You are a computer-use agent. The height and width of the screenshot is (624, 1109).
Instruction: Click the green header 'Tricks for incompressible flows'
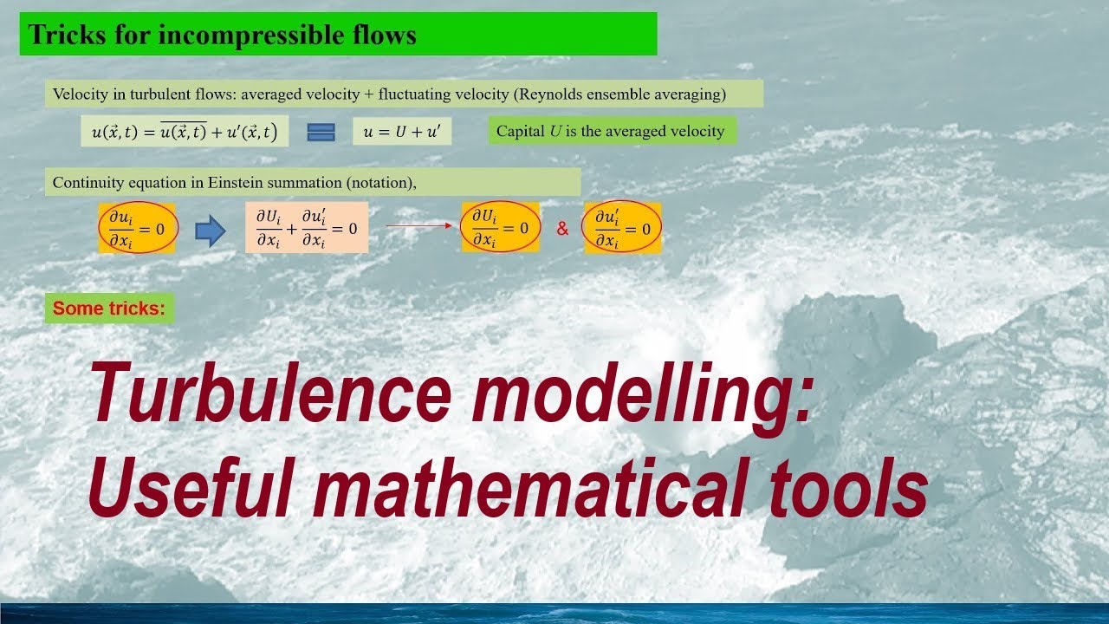(x=338, y=35)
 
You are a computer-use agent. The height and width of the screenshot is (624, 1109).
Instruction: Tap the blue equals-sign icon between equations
(x=321, y=132)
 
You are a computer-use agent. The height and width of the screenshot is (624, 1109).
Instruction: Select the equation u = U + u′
(x=402, y=132)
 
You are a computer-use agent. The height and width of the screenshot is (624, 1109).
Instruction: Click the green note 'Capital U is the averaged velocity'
(x=611, y=131)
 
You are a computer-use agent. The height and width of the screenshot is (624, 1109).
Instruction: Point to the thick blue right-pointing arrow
(x=210, y=230)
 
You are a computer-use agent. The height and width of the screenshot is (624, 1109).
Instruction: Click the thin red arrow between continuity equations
(x=419, y=226)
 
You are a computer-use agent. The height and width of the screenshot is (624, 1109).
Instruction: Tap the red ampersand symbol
(x=562, y=230)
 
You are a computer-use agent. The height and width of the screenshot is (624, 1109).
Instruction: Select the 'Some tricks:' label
(x=109, y=309)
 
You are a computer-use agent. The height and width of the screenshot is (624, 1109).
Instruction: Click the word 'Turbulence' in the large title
(x=270, y=392)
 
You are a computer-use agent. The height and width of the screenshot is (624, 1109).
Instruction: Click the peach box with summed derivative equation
(x=306, y=229)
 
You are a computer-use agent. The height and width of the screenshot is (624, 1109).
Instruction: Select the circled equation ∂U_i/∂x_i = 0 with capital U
(x=500, y=229)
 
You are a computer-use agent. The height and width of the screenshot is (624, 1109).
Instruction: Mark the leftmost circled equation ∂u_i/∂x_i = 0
(x=138, y=229)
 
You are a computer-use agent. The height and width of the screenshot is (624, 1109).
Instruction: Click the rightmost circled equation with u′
(x=622, y=229)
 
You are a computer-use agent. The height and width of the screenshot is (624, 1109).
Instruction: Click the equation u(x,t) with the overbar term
(x=185, y=132)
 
